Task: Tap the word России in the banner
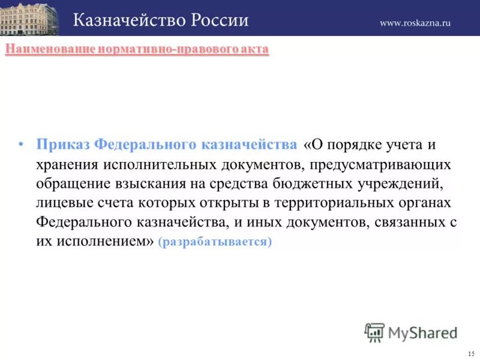tap(221, 19)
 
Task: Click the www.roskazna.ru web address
tap(415, 23)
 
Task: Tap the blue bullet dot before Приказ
tap(21, 145)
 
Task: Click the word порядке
tap(358, 145)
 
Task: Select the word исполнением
tap(101, 242)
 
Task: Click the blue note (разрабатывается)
tap(215, 242)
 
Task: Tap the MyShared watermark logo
tap(411, 332)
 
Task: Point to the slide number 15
tap(470, 352)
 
